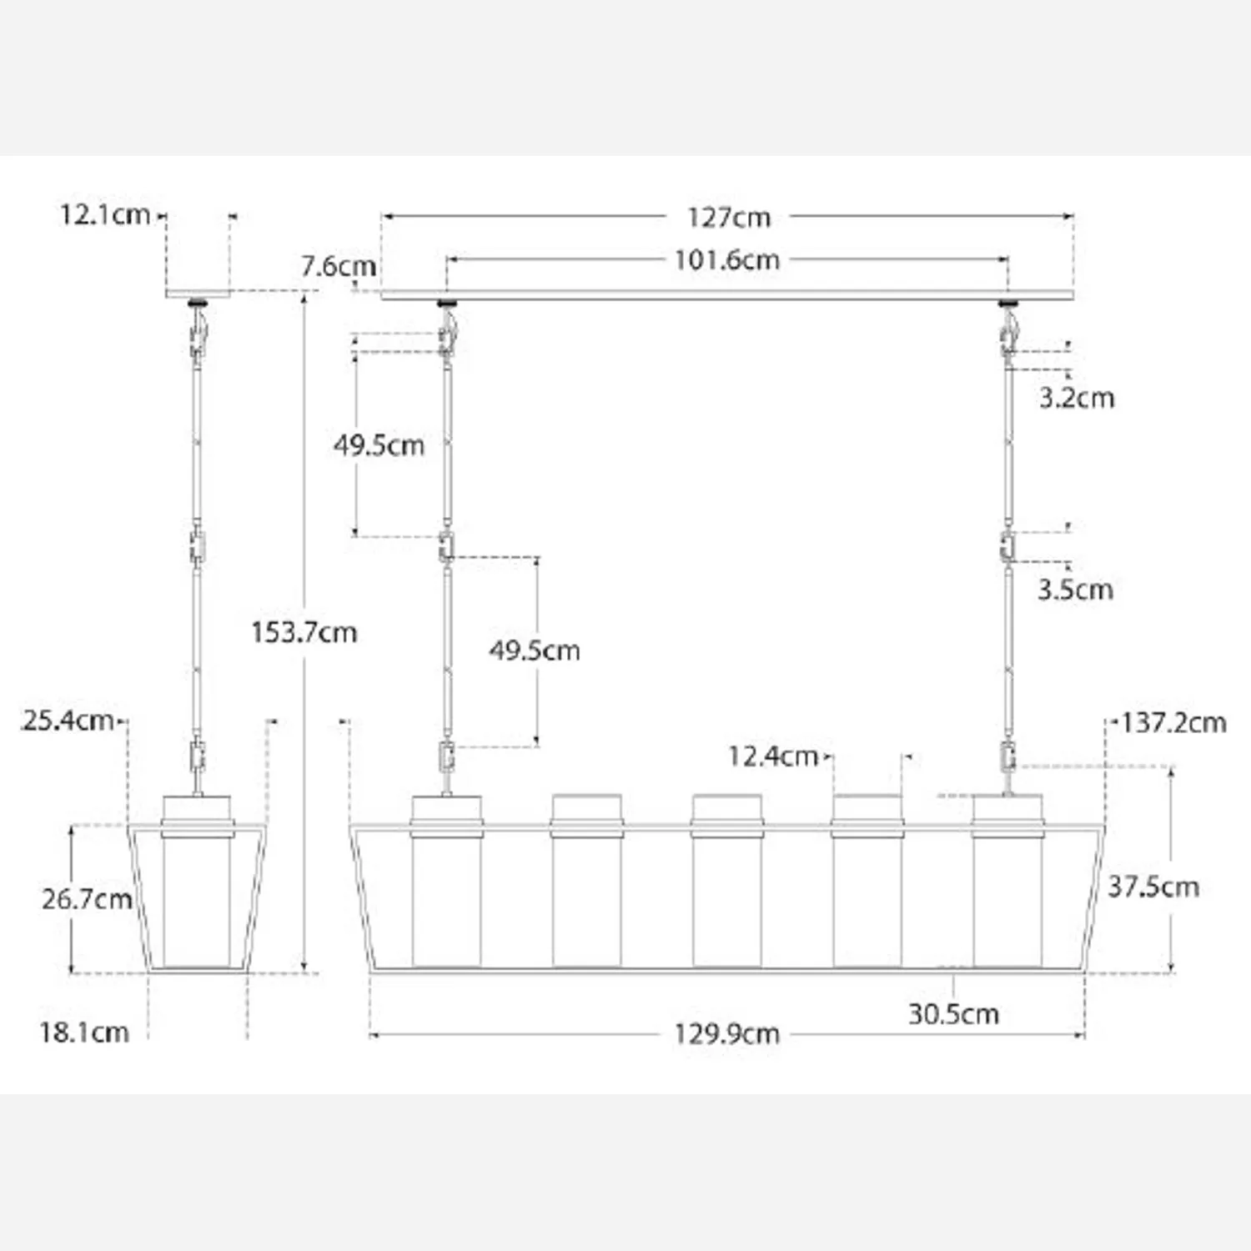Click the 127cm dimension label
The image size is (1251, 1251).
[x=728, y=218]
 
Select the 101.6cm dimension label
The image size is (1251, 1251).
[x=726, y=260]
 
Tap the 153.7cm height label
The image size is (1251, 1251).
[x=304, y=632]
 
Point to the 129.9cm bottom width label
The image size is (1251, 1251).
[x=726, y=1034]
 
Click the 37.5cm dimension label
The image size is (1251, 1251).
[x=1153, y=887]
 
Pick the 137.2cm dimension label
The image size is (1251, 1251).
[x=1173, y=722]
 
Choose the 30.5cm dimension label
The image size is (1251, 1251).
[x=953, y=1014]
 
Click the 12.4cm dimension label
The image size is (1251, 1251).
[x=772, y=756]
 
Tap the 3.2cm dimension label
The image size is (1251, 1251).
[x=1077, y=398]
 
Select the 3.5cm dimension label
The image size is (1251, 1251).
[x=1075, y=590]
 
